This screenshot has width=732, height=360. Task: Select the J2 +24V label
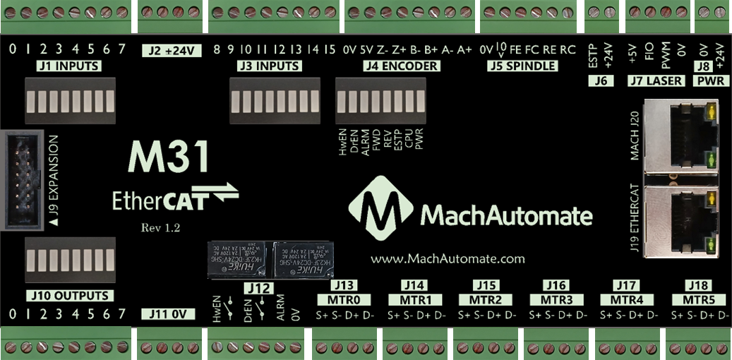[172, 51]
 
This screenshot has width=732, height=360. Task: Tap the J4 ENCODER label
[401, 66]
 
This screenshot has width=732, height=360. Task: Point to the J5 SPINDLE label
[523, 66]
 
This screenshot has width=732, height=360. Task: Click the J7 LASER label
[656, 80]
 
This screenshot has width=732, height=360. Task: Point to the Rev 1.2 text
[160, 227]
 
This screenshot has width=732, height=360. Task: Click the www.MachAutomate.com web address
[448, 258]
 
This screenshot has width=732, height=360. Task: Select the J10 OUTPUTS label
[67, 295]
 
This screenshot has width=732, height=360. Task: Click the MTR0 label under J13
[344, 299]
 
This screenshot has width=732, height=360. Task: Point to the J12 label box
[260, 289]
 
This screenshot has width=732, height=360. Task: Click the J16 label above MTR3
[556, 285]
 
